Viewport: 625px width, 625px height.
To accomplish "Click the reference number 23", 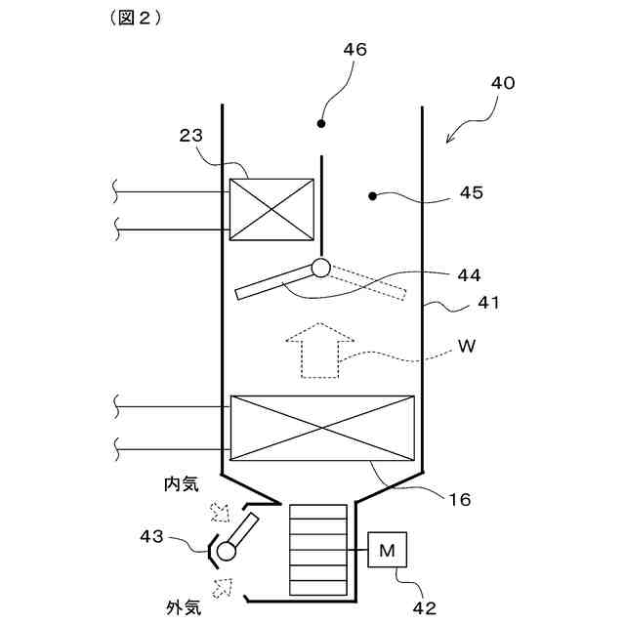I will (190, 136).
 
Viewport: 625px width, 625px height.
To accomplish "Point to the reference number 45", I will (471, 193).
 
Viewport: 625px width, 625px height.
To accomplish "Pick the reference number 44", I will (469, 274).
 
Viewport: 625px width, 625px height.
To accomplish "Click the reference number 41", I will (488, 304).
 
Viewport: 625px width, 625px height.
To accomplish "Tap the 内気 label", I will (183, 482).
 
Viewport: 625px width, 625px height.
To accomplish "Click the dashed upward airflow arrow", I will (319, 349).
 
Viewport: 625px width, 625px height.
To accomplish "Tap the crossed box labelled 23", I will (271, 209).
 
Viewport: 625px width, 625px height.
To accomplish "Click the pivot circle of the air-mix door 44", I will (320, 267).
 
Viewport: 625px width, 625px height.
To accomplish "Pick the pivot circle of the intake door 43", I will (227, 552).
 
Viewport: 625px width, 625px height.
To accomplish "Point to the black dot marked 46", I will (320, 124).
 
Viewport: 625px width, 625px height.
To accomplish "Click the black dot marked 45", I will (372, 196).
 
